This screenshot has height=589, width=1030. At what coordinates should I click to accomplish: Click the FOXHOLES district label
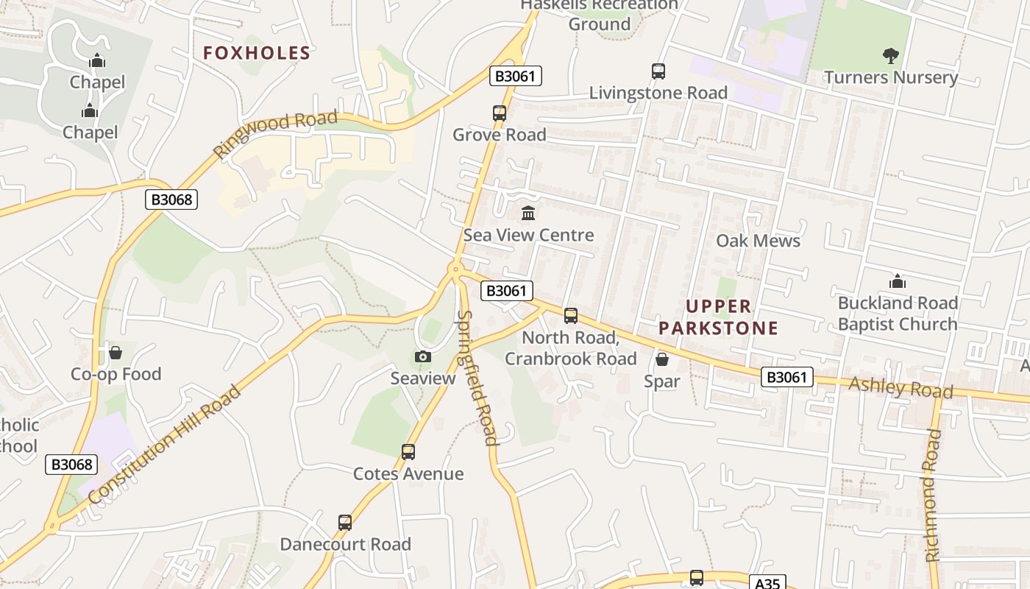coord(257,53)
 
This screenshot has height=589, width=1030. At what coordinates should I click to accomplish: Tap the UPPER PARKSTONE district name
coord(718,317)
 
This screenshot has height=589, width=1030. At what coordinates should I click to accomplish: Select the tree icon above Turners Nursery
coord(890,55)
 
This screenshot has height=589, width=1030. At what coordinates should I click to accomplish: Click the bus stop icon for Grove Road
coord(500,113)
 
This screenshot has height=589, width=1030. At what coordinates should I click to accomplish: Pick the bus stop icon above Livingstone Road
coord(658,71)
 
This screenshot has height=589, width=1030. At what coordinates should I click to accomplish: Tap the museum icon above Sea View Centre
coord(528,214)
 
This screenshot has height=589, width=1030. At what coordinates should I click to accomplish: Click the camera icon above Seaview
coord(423,357)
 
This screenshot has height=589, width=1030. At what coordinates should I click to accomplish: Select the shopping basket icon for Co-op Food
coord(116,353)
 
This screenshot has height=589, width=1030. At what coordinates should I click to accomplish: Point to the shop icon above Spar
coord(662,359)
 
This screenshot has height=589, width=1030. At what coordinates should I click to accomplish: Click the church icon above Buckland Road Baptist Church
coord(898,281)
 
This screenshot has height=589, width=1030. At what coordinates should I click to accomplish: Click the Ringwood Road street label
coord(276,134)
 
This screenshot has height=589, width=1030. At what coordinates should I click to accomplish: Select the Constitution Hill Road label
coord(164,445)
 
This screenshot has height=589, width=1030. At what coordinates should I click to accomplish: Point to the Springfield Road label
coord(478,378)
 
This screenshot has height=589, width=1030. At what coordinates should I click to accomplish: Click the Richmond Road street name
coord(933,495)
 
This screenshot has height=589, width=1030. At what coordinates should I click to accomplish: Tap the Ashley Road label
coord(901,387)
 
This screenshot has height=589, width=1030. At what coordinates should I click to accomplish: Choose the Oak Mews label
coord(758,241)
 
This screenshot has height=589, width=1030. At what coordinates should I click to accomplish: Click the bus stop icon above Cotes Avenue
coord(408,452)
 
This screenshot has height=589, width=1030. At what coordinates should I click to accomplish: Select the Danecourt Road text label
coord(345,545)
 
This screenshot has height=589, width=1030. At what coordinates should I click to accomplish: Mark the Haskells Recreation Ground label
coord(600,14)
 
